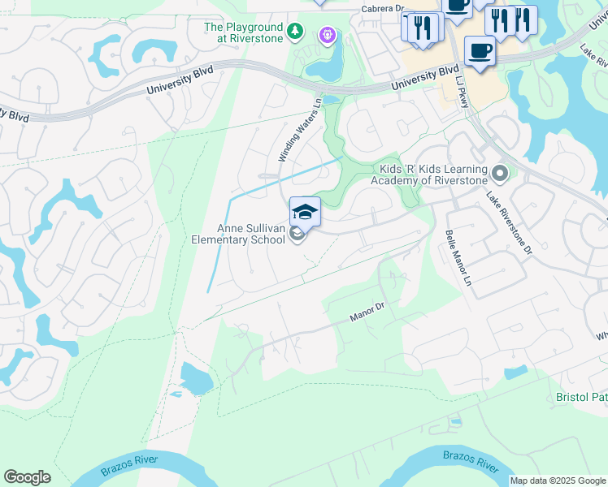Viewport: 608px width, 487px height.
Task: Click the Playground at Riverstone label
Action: pyautogui.click(x=244, y=32)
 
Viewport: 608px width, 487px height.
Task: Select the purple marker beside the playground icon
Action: pyautogui.click(x=327, y=35)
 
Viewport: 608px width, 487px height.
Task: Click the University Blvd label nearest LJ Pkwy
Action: pyautogui.click(x=424, y=78)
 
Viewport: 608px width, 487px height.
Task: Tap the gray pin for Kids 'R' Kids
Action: pyautogui.click(x=501, y=173)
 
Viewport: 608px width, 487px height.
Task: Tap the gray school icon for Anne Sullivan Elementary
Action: pyautogui.click(x=297, y=235)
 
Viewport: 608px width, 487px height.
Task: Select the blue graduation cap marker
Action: pyautogui.click(x=305, y=212)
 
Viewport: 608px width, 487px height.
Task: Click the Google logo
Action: pyautogui.click(x=28, y=477)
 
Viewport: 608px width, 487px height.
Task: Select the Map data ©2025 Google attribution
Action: pyautogui.click(x=557, y=481)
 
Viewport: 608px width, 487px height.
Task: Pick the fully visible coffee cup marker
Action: pyautogui.click(x=480, y=50)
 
